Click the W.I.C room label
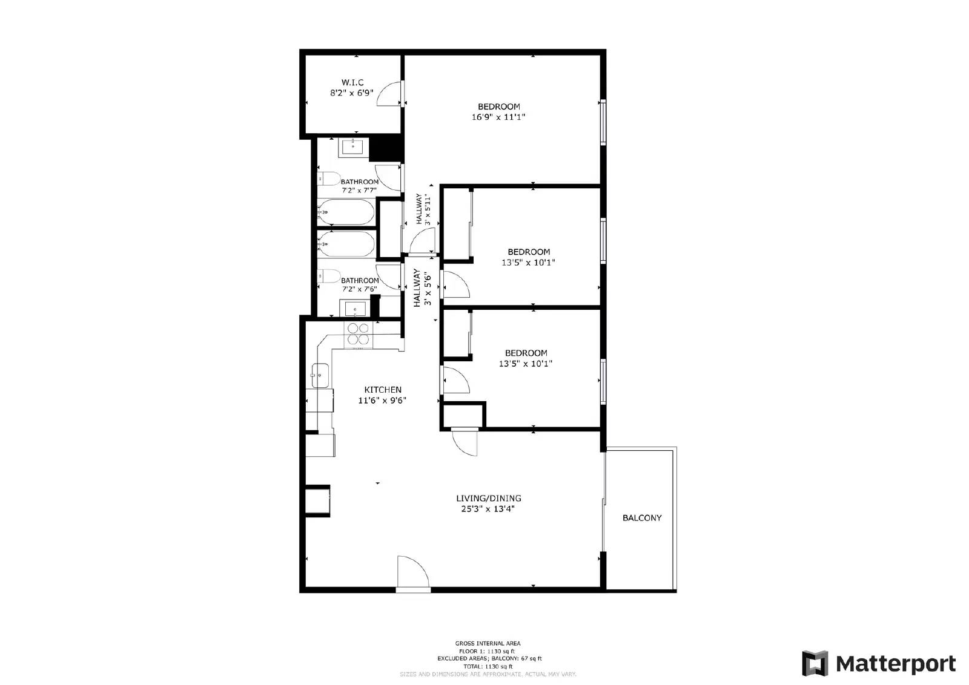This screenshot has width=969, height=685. point(352,82)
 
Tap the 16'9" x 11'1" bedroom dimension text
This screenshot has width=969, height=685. point(498,117)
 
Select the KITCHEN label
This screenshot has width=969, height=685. point(382,390)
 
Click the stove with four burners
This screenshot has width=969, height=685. point(358,335)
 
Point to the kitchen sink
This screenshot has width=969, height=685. point(320,376)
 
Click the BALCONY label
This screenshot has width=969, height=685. point(642,518)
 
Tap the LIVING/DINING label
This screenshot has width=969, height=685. point(488,499)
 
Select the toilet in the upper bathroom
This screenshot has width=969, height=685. point(329,179)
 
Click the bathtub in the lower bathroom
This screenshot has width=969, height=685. point(346,244)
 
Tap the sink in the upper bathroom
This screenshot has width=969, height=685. point(352,146)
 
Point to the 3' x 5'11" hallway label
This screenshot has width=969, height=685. point(422,209)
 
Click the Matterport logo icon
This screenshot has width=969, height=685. point(815,663)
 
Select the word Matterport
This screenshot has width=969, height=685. point(896,664)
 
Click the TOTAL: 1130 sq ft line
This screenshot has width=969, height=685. point(488,666)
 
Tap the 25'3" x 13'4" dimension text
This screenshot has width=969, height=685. point(488,510)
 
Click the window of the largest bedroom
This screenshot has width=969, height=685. point(603,122)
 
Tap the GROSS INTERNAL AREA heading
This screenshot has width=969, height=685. point(488,643)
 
